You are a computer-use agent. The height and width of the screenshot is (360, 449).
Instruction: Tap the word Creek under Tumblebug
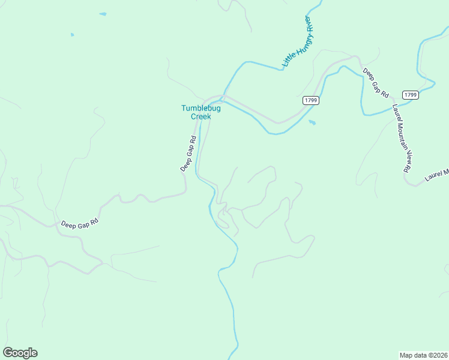[x=201, y=116]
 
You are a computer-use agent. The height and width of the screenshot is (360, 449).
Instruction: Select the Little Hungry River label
[x=298, y=42]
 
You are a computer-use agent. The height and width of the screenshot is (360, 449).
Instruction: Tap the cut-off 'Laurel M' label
[x=436, y=175]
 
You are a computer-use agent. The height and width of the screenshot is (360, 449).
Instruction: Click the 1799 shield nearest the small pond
[x=310, y=100]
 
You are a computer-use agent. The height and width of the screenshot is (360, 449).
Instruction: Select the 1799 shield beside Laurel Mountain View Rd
[x=411, y=95]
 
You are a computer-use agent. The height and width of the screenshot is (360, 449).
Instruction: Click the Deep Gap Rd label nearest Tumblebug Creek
[x=188, y=154]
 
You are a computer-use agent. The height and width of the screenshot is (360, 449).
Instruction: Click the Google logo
[x=20, y=353]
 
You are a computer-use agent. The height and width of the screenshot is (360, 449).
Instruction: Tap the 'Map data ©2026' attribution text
[x=424, y=355]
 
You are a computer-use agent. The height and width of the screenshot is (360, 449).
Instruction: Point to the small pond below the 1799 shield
[x=312, y=123]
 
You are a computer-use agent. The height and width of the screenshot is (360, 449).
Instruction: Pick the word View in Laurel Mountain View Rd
[x=404, y=154]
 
